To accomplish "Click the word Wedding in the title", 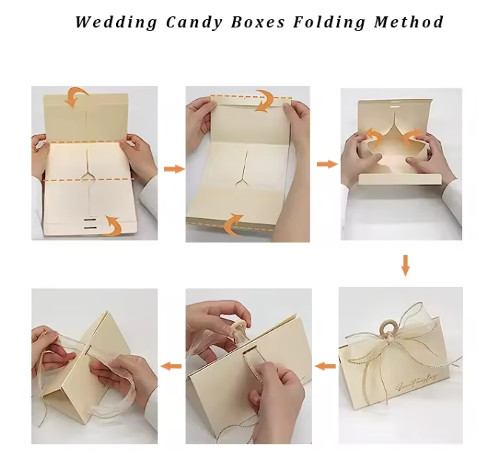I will [x=116, y=21].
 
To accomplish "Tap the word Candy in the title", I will [x=194, y=21].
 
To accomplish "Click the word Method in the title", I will [x=409, y=21].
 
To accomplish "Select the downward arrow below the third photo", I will [x=405, y=265].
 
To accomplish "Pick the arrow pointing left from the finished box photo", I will [x=325, y=365].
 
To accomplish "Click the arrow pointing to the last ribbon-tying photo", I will [x=171, y=365].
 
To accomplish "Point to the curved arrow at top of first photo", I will [x=75, y=95].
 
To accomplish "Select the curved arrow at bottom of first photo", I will [x=111, y=225].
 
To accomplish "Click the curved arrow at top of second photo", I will [x=264, y=101].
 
